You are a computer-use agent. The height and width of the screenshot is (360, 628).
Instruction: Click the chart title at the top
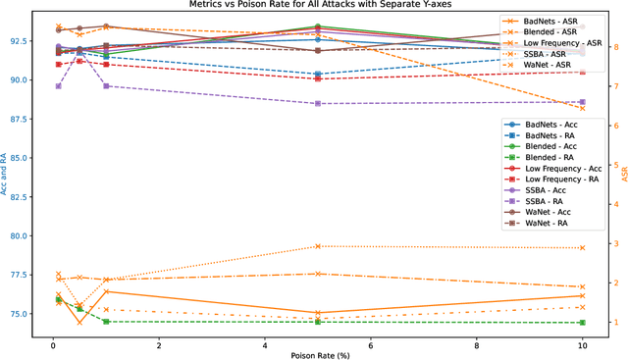point(314,5)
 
